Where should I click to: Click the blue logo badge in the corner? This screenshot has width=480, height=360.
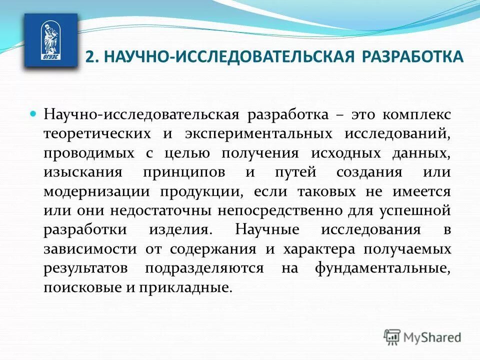tap(51, 40)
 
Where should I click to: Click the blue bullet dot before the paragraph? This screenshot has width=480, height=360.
tap(34, 114)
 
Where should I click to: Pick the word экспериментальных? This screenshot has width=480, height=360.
tap(258, 133)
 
